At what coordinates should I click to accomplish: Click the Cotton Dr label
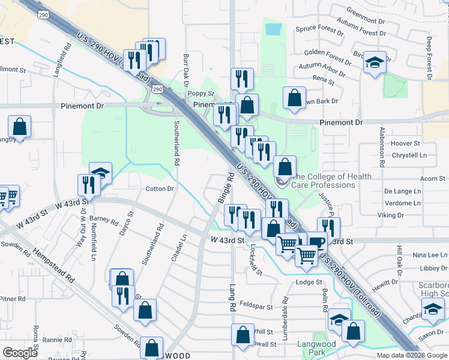click(160, 188)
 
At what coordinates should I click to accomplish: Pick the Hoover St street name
click(405, 143)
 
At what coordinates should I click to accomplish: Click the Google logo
click(20, 353)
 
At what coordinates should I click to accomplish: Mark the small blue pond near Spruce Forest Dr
click(273, 29)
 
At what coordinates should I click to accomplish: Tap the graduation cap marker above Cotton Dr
click(100, 173)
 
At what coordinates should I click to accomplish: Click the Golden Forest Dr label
click(327, 56)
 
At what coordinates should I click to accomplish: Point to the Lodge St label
click(310, 281)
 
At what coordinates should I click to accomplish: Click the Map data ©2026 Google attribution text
click(411, 355)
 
